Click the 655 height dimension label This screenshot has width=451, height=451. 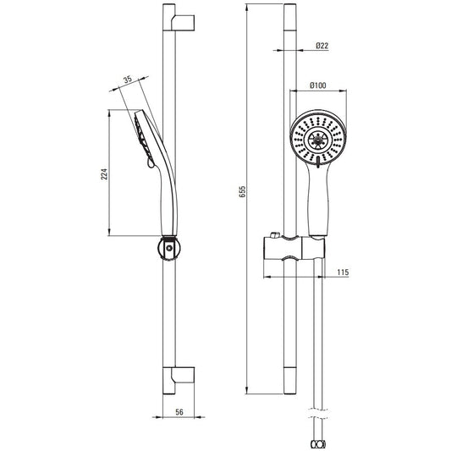pyautogui.click(x=243, y=191)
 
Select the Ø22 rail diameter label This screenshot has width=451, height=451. pyautogui.click(x=322, y=46)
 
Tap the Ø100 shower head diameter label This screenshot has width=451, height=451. pyautogui.click(x=318, y=85)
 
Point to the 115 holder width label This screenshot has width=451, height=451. pyautogui.click(x=343, y=272)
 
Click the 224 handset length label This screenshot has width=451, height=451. pyautogui.click(x=104, y=174)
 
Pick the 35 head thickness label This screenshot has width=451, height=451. pyautogui.click(x=128, y=80)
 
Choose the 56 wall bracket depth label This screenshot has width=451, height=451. pyautogui.click(x=179, y=412)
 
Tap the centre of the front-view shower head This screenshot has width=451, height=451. pyautogui.click(x=318, y=140)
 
